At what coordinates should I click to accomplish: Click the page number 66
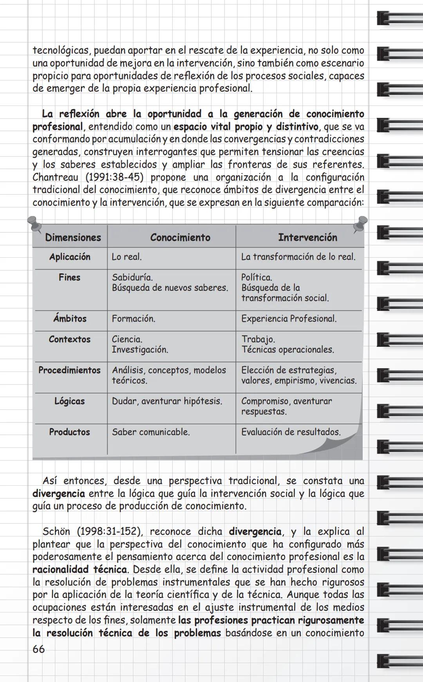[38, 649]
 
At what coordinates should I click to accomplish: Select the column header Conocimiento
[180, 237]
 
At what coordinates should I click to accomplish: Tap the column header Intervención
[307, 237]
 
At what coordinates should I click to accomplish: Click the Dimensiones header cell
[73, 237]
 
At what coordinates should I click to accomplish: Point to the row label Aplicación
[70, 257]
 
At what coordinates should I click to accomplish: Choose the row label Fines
[69, 278]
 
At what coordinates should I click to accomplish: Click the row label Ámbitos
[70, 319]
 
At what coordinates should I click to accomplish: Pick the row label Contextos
[69, 339]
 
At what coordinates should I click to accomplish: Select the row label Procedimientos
[69, 370]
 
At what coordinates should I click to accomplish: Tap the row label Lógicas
[69, 401]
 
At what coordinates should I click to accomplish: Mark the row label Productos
[69, 432]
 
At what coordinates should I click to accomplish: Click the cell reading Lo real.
[127, 257]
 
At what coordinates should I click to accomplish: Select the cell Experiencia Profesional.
[289, 319]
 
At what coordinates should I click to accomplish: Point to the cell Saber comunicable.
[151, 432]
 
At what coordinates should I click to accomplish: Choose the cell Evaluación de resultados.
[291, 432]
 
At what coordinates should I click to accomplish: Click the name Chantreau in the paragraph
[55, 177]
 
